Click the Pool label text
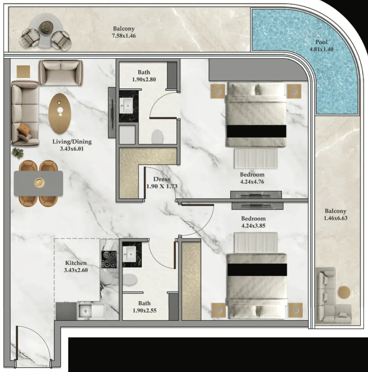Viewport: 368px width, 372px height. [321, 42]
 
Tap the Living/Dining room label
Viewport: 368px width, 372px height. [72, 142]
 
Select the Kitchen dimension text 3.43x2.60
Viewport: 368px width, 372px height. [76, 270]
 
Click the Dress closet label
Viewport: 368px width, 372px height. [161, 179]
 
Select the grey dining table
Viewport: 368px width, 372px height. [39, 183]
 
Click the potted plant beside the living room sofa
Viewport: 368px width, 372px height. [18, 153]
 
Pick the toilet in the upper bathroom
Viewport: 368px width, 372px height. [157, 136]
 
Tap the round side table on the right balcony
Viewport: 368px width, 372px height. [344, 292]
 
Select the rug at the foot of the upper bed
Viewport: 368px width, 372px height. [256, 158]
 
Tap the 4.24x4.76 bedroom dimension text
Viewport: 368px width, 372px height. [252, 182]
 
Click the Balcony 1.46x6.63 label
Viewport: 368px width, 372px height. [336, 214]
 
